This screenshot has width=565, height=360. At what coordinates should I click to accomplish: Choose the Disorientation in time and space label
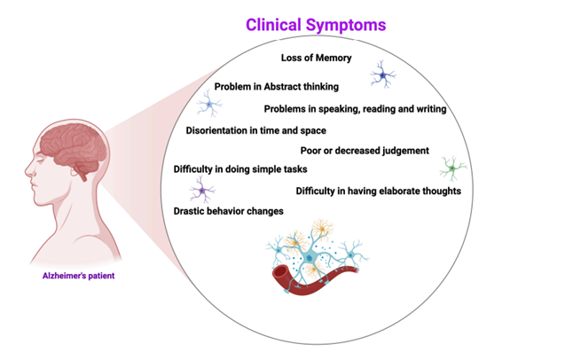coord(256,130)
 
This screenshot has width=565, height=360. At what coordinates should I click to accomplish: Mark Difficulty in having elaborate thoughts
coord(378,190)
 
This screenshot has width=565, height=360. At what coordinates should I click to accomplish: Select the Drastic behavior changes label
coord(223,211)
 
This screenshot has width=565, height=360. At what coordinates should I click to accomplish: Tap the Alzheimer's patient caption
coord(79,276)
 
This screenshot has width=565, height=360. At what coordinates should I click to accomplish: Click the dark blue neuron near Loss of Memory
coord(383,77)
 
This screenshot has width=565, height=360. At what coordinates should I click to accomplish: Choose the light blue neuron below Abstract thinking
coord(209,106)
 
